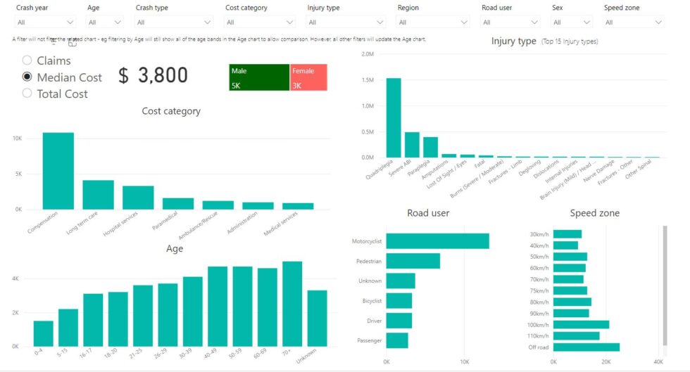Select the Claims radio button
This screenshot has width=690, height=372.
(27, 61)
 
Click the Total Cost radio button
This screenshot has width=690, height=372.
(27, 94)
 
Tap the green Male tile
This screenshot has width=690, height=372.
(258, 77)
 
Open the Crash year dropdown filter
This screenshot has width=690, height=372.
(46, 23)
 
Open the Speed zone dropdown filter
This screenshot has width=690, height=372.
(634, 23)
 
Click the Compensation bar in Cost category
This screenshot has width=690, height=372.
(58, 171)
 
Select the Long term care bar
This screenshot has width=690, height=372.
(98, 195)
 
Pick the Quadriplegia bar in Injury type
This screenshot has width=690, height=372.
(394, 117)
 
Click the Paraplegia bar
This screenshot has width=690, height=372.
(430, 147)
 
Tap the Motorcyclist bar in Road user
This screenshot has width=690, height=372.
(437, 241)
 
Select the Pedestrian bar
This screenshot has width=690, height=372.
(413, 261)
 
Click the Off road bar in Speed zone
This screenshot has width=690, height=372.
(586, 347)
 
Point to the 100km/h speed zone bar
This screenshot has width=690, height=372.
(581, 324)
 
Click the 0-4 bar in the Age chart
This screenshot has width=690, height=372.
(44, 333)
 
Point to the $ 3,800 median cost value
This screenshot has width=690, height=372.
(153, 76)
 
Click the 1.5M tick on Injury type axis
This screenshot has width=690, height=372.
(366, 80)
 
